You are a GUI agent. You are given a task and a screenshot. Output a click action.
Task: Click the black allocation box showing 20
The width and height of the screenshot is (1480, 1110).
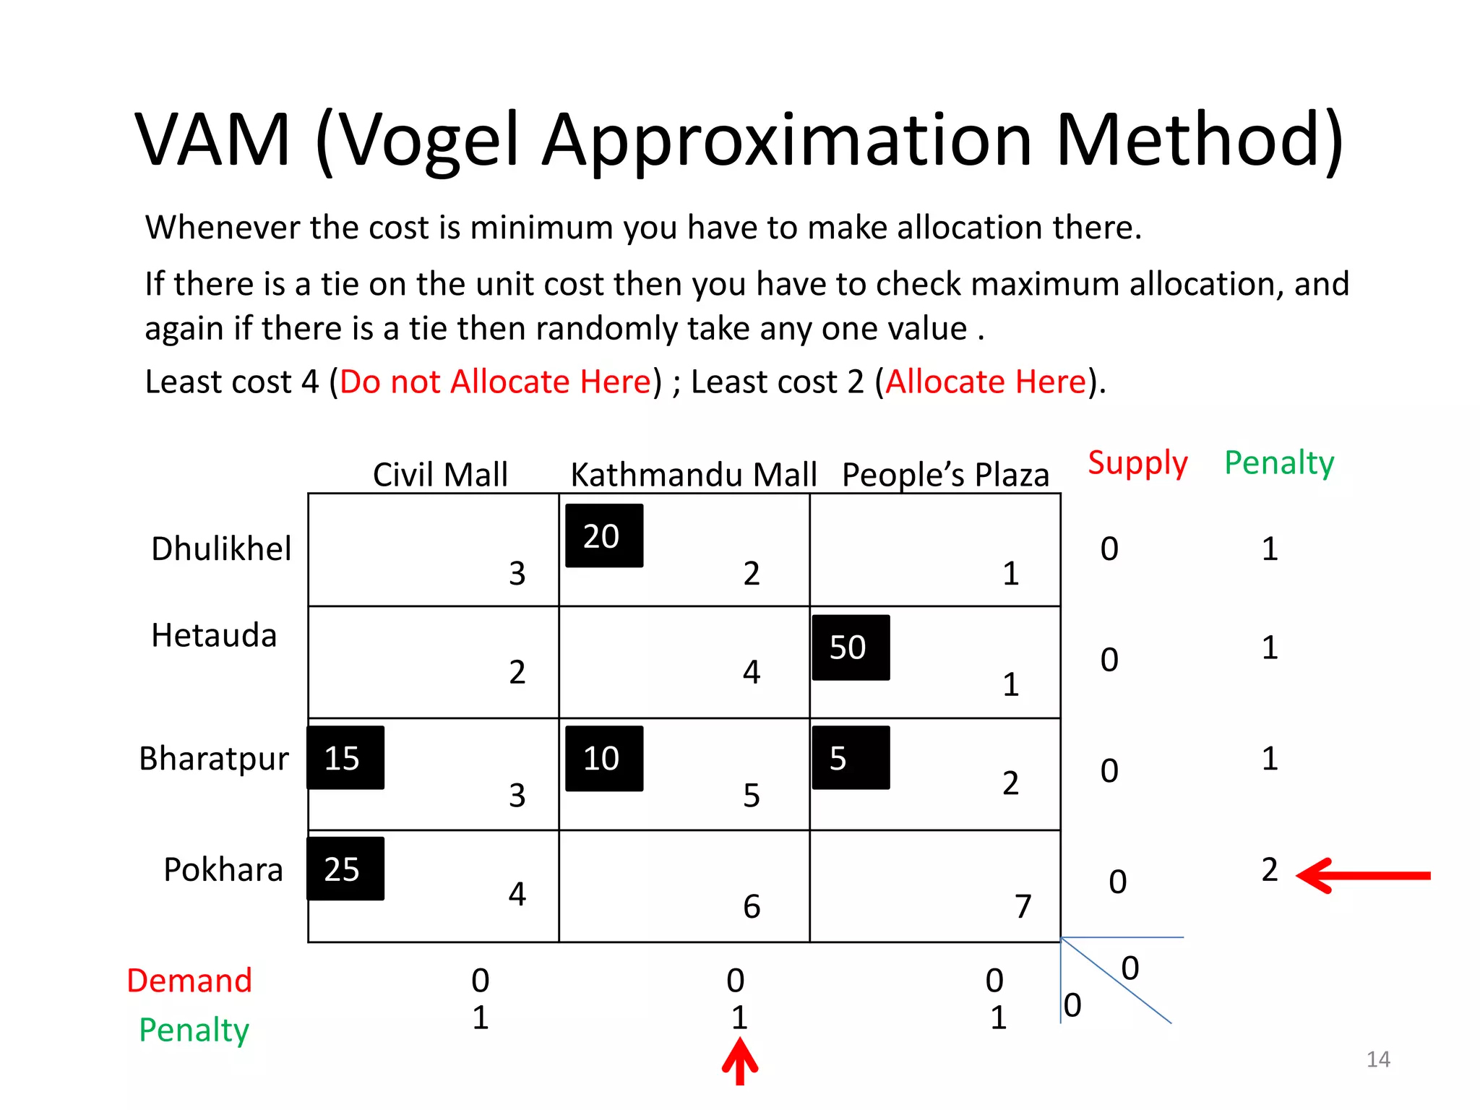click(604, 535)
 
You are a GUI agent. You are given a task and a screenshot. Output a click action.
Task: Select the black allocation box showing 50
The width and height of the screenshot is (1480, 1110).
click(851, 647)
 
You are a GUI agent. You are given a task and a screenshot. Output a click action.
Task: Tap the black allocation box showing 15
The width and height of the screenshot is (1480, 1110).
click(345, 757)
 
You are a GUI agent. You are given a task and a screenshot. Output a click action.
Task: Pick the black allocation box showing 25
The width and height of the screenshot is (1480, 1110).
click(345, 869)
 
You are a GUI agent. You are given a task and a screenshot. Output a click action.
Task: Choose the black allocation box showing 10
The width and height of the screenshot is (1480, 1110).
click(604, 758)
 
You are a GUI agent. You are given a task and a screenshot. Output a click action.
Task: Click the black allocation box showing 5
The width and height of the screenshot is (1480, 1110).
click(851, 757)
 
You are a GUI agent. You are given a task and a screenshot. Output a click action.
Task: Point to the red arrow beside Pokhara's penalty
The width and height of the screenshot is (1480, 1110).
click(1362, 875)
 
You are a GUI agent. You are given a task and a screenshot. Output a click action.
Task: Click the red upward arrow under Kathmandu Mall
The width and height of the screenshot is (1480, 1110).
click(739, 1061)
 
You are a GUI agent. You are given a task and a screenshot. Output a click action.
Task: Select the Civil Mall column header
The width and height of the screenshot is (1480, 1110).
click(440, 475)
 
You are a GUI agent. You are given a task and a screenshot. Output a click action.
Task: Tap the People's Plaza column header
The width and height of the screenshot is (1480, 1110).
click(945, 475)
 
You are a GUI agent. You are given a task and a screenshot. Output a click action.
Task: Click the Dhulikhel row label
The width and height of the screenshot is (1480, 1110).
click(221, 548)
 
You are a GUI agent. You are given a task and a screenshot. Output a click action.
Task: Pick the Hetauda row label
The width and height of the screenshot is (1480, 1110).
click(214, 635)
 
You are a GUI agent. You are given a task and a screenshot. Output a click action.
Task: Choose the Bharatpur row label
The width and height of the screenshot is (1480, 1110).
click(214, 759)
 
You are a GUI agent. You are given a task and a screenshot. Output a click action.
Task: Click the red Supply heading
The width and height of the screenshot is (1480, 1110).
click(1137, 462)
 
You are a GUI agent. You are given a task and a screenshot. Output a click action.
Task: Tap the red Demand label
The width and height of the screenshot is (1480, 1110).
click(189, 981)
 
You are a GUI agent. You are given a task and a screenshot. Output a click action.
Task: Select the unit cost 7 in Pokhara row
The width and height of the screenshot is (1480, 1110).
click(1023, 905)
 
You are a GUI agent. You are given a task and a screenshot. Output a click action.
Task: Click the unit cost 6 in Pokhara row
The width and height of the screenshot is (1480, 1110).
click(752, 906)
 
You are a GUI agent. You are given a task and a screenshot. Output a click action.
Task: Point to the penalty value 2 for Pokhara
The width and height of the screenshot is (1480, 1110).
click(1270, 869)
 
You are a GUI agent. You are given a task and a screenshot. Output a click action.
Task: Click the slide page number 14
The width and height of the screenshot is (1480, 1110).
click(1378, 1059)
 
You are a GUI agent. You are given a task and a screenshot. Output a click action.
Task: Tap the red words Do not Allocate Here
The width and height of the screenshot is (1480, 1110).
click(496, 382)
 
